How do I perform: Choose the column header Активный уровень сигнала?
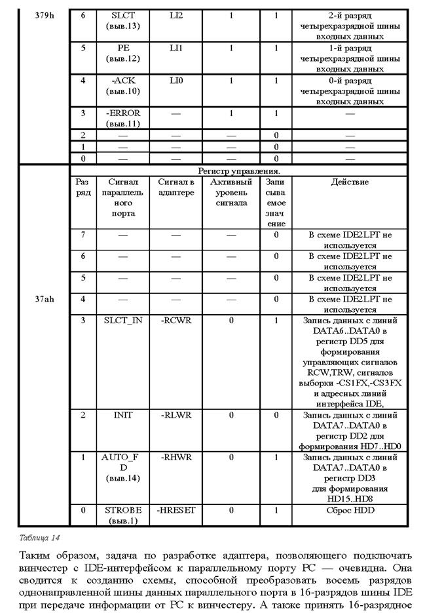(x=231, y=192)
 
